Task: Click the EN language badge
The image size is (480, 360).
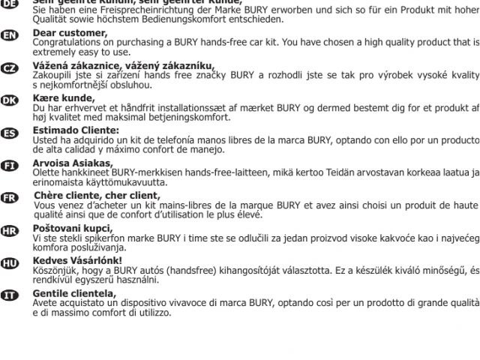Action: (10, 36)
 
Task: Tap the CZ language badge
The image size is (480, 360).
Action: (10, 69)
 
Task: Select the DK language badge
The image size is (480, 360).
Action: (10, 101)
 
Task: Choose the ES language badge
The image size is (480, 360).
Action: (10, 133)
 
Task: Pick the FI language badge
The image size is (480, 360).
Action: (10, 166)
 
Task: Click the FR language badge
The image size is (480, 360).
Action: (10, 198)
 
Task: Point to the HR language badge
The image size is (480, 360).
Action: (10, 230)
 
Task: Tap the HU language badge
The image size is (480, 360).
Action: (10, 263)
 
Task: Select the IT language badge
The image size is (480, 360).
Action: (10, 295)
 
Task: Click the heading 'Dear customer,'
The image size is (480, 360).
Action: (70, 33)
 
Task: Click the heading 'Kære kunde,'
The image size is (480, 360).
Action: (64, 97)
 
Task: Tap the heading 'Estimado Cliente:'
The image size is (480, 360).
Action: (76, 130)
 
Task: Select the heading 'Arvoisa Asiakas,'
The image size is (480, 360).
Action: (73, 163)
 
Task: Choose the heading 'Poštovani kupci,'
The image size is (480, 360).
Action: (73, 228)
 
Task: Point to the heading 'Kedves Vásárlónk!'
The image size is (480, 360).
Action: (77, 260)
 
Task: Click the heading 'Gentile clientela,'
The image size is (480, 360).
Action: (74, 292)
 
